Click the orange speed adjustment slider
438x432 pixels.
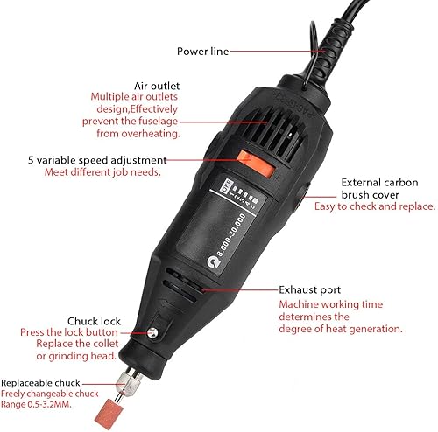click(x=256, y=164)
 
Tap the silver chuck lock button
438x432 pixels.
click(x=152, y=332)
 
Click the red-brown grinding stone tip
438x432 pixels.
click(x=109, y=414)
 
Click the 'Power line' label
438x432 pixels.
click(x=202, y=52)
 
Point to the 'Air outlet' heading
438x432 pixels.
click(x=157, y=86)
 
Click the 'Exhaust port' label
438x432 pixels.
click(x=310, y=290)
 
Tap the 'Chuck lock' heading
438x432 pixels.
click(x=94, y=321)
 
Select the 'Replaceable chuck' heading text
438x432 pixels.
click(x=40, y=383)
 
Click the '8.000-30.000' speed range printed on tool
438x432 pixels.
click(x=232, y=234)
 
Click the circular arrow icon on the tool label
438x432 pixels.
click(x=213, y=261)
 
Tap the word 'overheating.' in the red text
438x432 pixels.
click(x=151, y=134)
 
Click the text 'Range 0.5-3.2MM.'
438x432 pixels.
click(x=36, y=404)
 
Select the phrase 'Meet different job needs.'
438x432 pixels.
click(x=102, y=172)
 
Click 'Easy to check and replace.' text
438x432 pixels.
click(x=375, y=206)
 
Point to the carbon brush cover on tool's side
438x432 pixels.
click(x=302, y=196)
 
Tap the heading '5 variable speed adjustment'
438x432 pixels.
click(x=97, y=160)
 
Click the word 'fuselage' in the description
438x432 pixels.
click(x=159, y=122)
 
